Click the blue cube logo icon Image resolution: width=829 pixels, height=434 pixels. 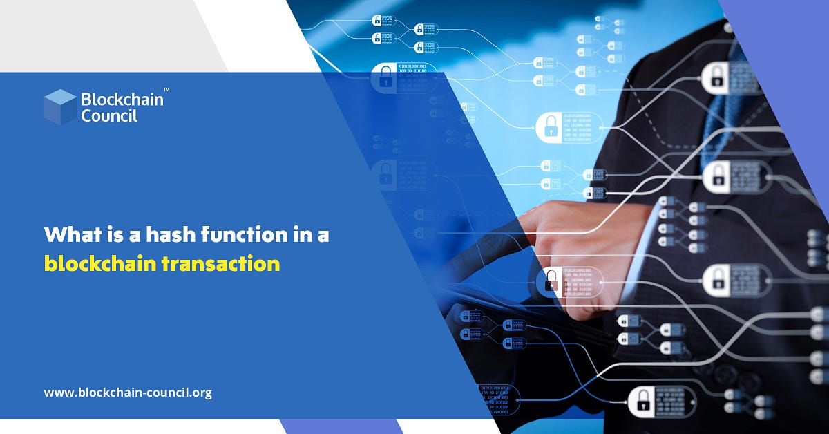[60, 107]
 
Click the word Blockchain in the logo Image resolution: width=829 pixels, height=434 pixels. [122, 100]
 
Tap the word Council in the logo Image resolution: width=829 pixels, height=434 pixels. [109, 115]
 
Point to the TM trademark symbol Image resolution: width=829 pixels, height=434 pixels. [166, 90]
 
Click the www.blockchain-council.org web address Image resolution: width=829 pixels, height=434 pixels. [128, 393]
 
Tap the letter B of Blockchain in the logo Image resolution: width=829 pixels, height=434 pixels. [86, 100]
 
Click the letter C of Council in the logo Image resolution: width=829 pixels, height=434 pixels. [86, 115]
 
